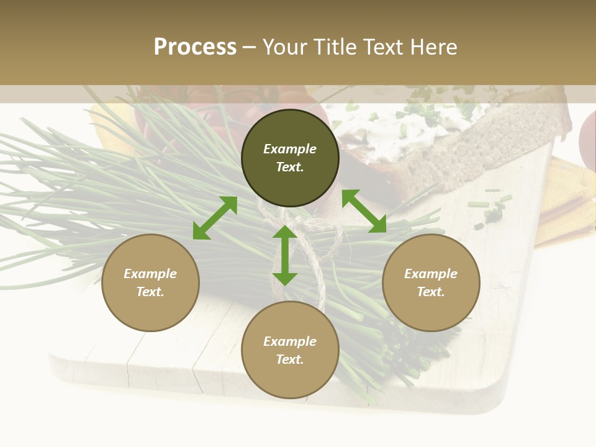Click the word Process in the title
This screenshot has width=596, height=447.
point(195,47)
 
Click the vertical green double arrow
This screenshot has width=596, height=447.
point(285,255)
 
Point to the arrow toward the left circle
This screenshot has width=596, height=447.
point(215,218)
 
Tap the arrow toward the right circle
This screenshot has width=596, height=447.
point(364,211)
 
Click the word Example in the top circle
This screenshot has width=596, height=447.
point(290,149)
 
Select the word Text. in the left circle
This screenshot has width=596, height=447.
point(150,292)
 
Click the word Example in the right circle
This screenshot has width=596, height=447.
point(431,274)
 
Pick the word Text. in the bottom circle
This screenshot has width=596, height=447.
point(290,359)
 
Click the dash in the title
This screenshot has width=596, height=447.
point(250,47)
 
